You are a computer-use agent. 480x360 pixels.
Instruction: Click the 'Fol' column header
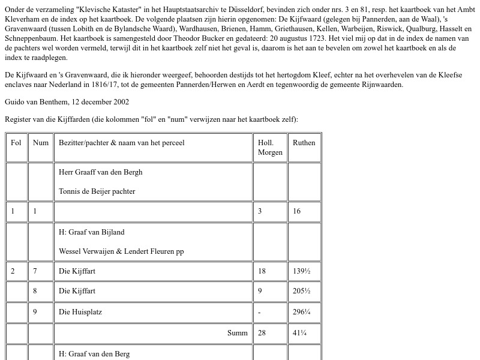click(x=16, y=143)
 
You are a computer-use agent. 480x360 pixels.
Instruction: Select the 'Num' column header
click(x=41, y=143)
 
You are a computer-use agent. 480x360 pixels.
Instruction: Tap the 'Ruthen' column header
click(x=304, y=143)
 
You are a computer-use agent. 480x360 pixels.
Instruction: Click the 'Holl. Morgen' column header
click(x=270, y=148)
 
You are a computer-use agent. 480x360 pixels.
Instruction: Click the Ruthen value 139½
click(x=301, y=271)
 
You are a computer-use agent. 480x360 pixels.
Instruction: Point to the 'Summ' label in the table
click(x=238, y=333)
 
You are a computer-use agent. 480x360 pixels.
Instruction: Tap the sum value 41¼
click(x=299, y=333)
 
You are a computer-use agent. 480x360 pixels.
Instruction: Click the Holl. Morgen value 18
click(x=262, y=271)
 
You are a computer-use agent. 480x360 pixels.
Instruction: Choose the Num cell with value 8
click(x=35, y=291)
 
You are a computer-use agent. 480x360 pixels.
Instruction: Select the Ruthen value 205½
click(x=301, y=291)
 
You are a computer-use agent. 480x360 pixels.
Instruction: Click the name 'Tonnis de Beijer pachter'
click(x=97, y=191)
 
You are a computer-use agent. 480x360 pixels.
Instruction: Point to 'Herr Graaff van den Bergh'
click(x=100, y=172)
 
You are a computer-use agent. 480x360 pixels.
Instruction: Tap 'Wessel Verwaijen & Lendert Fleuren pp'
click(x=121, y=251)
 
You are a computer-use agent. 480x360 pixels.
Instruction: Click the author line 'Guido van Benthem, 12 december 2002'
click(x=67, y=102)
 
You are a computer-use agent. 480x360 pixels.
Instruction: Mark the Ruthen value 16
click(x=297, y=211)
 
